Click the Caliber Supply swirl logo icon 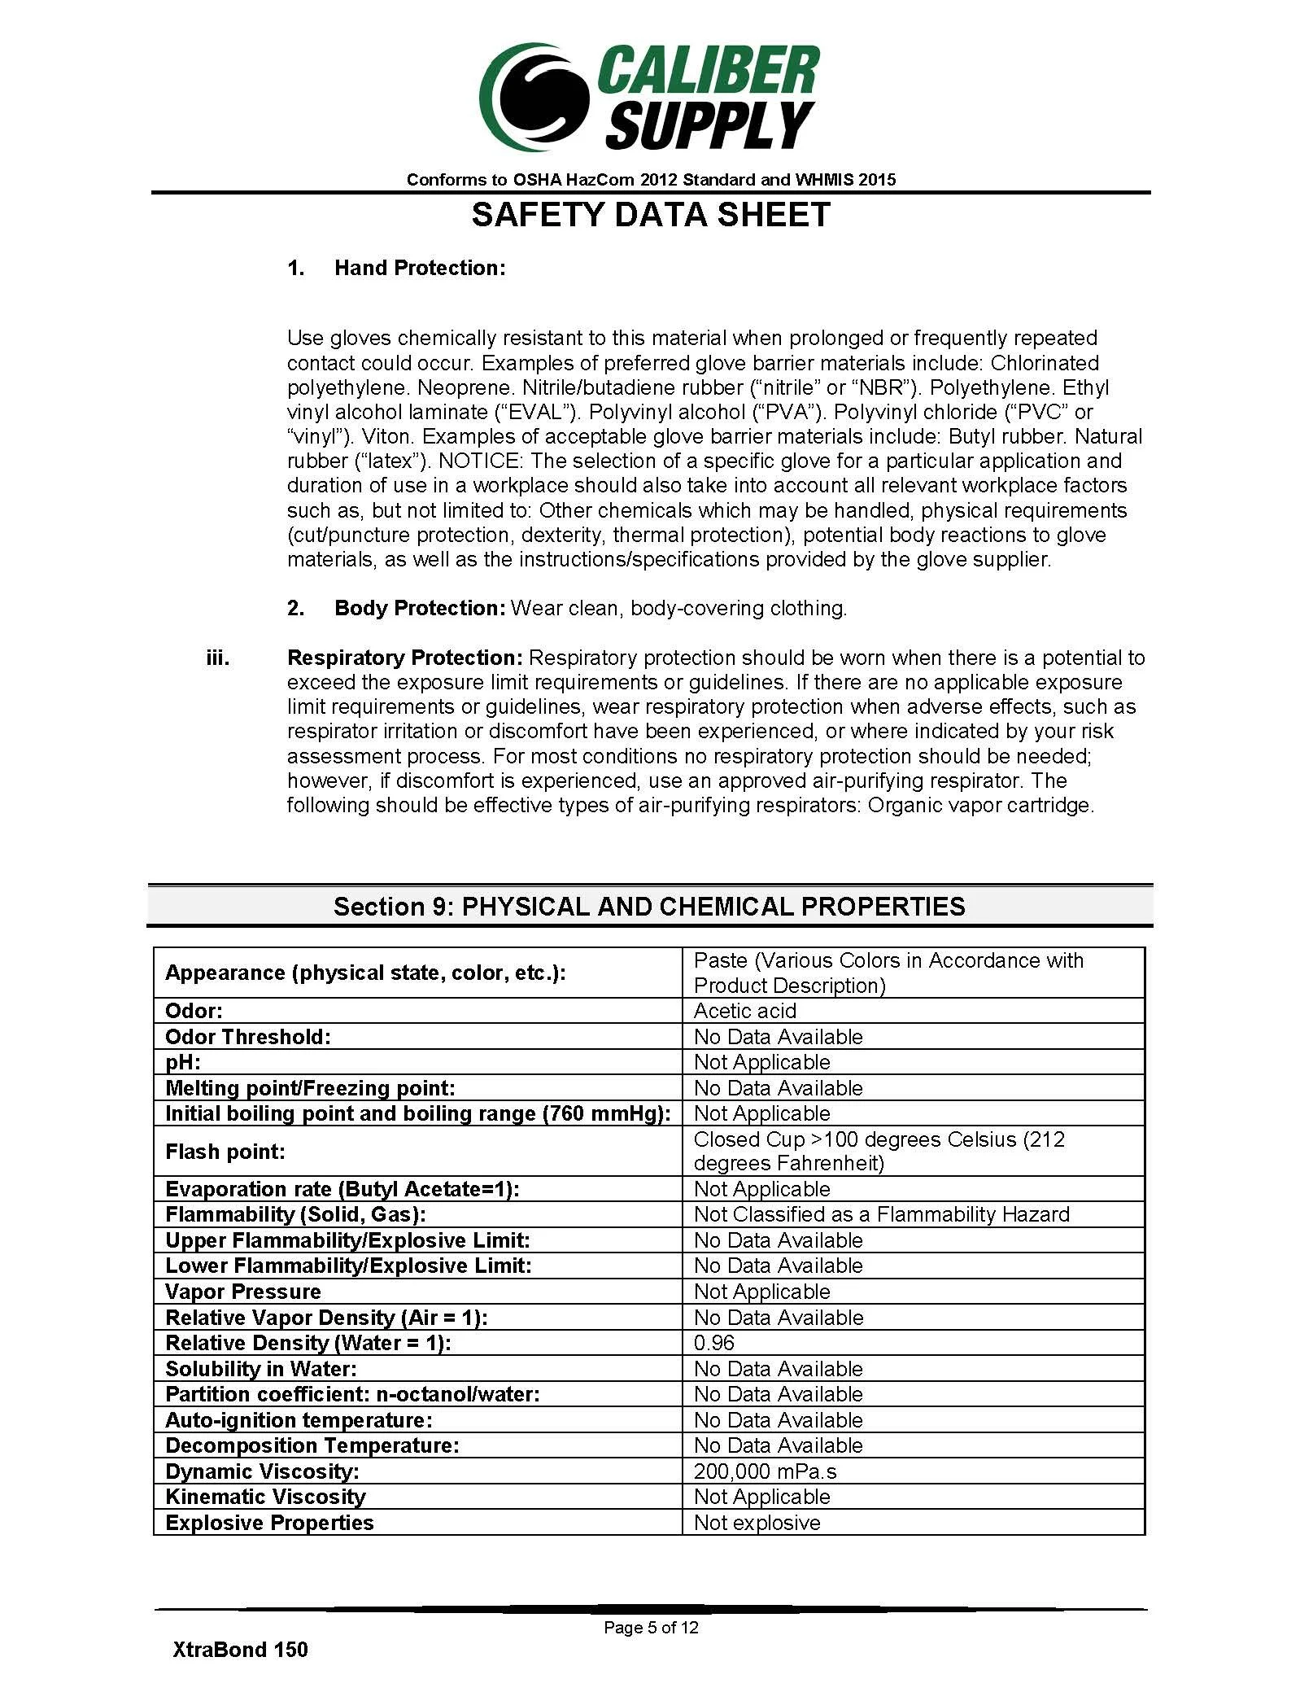point(533,98)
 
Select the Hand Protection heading point(420,269)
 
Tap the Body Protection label point(420,608)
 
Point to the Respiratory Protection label point(404,658)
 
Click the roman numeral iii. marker point(217,658)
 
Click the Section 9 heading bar point(649,907)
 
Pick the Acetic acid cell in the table point(744,1011)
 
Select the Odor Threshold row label point(248,1037)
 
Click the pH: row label point(183,1062)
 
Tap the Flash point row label point(225,1152)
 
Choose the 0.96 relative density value point(713,1343)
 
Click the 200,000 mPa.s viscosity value point(765,1471)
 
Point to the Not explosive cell point(757,1523)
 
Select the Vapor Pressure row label point(242,1292)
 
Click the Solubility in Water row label point(260,1369)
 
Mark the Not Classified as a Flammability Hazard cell point(881,1214)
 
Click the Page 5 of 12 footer point(650,1627)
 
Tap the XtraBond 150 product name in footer point(240,1650)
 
